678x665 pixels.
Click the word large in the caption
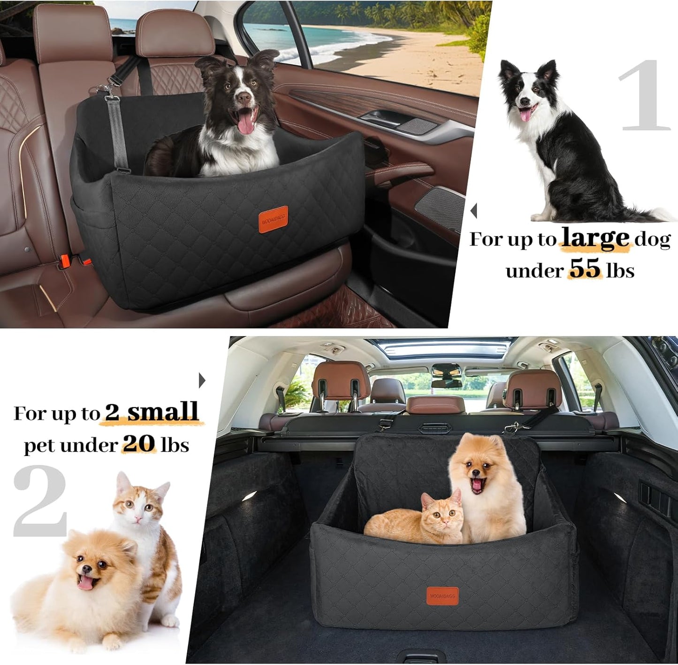click(x=595, y=238)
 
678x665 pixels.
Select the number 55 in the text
click(x=585, y=269)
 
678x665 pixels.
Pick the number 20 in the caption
click(x=139, y=443)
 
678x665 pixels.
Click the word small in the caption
click(x=163, y=412)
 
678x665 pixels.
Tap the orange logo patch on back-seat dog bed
click(x=273, y=219)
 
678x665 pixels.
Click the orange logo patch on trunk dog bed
click(x=442, y=595)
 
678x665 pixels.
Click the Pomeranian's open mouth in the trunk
click(x=477, y=485)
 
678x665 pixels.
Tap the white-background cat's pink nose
click(x=138, y=518)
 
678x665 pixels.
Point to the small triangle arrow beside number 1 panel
click(x=474, y=210)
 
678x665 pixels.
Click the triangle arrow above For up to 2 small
click(x=202, y=380)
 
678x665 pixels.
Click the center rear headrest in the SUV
click(x=436, y=404)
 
